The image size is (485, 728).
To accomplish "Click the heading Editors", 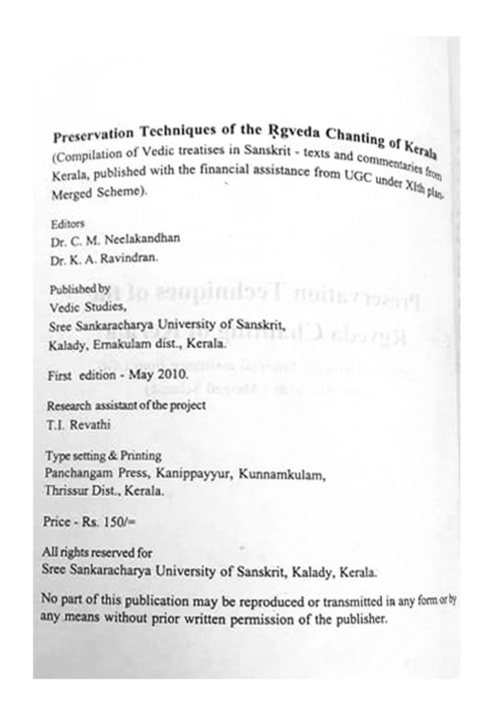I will [68, 224].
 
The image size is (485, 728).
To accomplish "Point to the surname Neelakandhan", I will [142, 239].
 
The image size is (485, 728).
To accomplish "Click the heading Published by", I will [79, 289].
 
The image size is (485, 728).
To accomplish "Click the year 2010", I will [172, 375].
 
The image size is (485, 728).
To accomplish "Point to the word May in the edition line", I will [142, 375].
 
